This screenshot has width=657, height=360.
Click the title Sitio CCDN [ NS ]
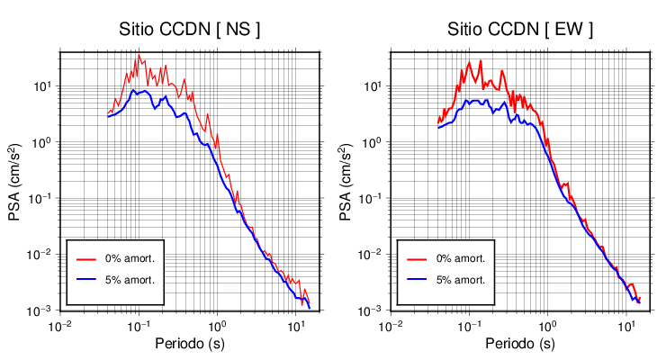pos(190,29)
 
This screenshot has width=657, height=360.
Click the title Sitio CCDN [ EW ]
pos(520,29)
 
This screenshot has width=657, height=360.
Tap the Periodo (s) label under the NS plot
pos(190,344)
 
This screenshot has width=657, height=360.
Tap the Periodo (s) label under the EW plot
pos(520,344)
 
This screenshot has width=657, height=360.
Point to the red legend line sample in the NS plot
pos(86,258)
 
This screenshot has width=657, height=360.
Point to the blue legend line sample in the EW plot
pos(417,279)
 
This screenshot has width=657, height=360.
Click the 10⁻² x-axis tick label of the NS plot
pos(60,326)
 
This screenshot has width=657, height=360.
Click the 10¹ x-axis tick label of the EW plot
pos(625,326)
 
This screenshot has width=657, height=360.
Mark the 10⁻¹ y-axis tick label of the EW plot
pos(373,199)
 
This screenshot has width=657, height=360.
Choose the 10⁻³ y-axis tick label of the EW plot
pos(373,310)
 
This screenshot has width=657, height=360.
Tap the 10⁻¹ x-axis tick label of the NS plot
pos(139,326)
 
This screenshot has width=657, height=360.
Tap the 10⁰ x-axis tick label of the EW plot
pos(546,326)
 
